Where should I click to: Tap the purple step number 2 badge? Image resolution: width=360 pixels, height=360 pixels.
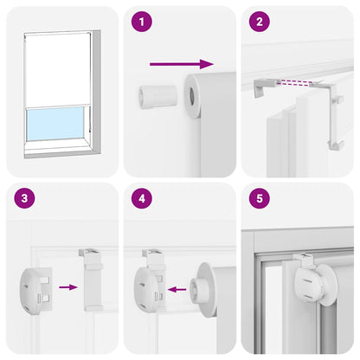coord(257,22)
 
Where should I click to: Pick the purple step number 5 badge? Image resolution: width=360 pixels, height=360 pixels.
coord(257,198)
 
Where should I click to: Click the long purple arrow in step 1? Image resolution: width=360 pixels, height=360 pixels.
coord(181,63)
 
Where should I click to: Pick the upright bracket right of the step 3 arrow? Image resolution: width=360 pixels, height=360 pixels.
coord(92,281)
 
